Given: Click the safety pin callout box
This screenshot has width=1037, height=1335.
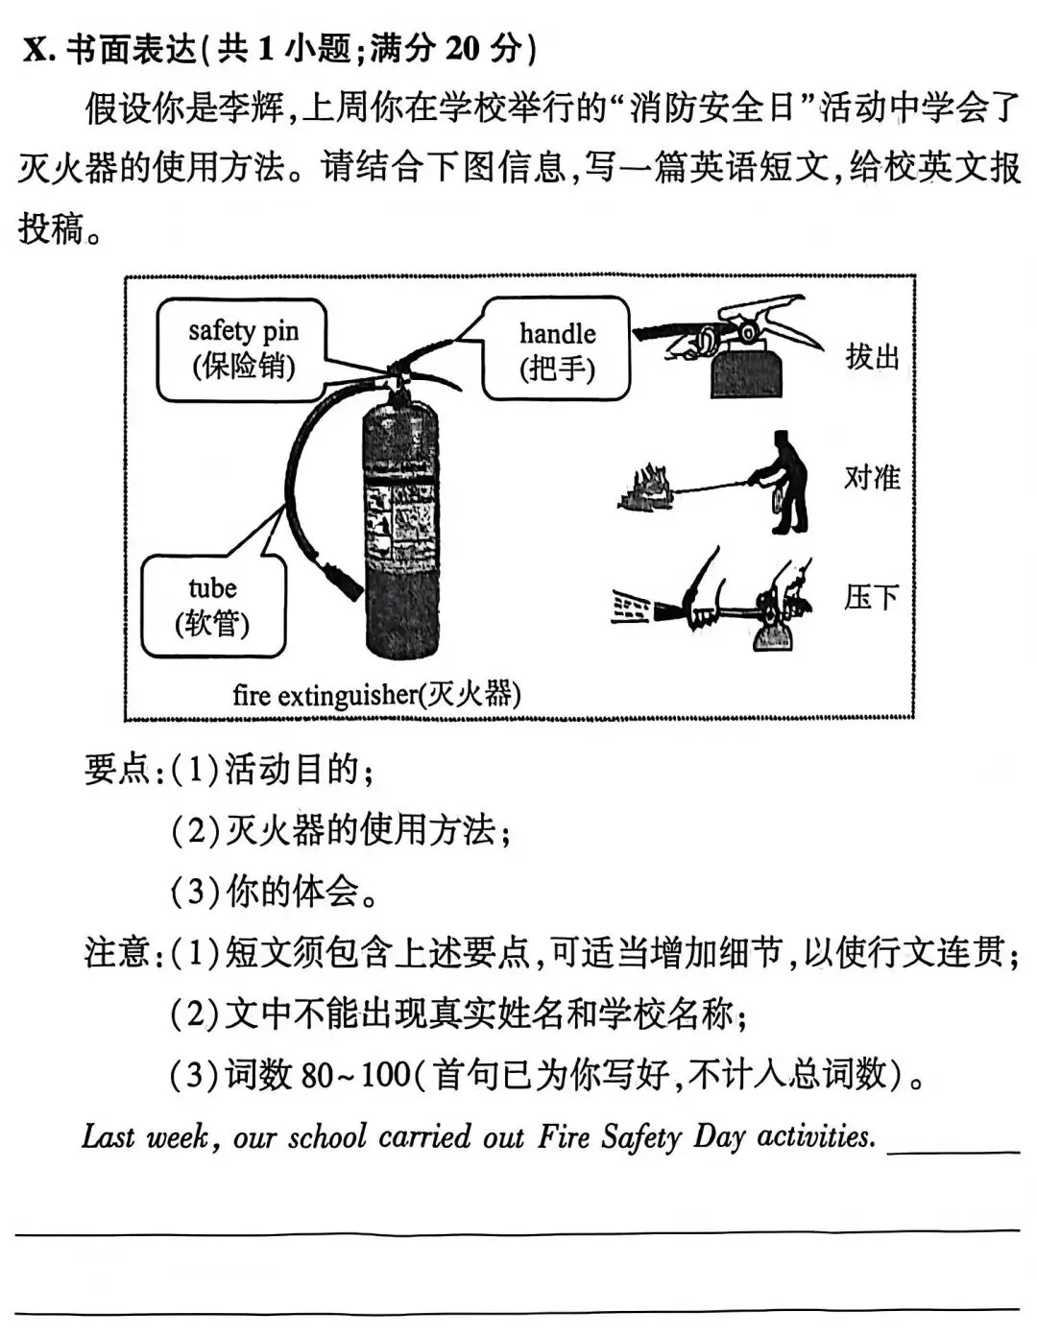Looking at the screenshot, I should click(x=242, y=349).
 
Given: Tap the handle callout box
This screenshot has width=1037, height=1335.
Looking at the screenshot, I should click(x=557, y=349).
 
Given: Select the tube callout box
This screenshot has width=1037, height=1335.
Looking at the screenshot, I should click(x=213, y=606).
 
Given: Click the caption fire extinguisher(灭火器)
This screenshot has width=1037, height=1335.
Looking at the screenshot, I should click(x=376, y=694).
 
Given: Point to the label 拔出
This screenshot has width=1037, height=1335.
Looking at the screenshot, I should click(x=872, y=356).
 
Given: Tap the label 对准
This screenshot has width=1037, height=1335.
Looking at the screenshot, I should click(x=872, y=477).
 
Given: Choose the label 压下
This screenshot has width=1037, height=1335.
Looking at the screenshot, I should click(x=872, y=597).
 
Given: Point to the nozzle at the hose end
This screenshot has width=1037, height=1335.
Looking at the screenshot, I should click(x=344, y=582).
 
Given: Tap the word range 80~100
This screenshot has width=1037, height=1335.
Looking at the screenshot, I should click(x=355, y=1075).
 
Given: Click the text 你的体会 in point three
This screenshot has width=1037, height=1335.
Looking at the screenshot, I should click(x=292, y=892).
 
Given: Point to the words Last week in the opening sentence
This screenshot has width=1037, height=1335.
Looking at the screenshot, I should click(x=146, y=1136).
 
